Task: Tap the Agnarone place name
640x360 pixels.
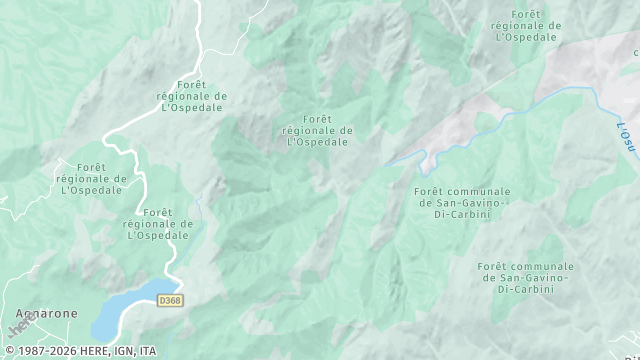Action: pos(46,313)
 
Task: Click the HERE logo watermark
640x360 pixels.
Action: pos(18,325)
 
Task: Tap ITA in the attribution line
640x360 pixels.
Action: pos(148,351)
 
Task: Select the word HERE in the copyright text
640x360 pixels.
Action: pos(95,351)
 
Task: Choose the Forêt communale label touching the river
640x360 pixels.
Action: pos(461,202)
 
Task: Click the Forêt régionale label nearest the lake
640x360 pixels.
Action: pos(158,223)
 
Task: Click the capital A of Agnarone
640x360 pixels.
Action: pos(19,313)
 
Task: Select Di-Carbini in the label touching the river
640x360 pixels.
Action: pos(461,213)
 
